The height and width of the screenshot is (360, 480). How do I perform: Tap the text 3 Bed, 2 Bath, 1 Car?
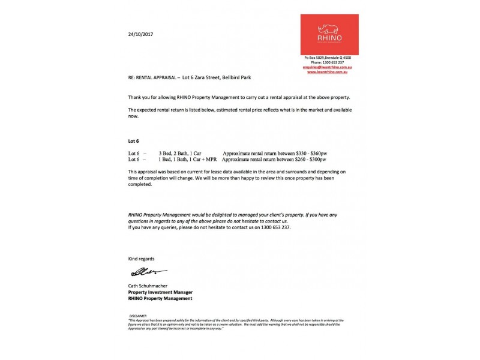180,154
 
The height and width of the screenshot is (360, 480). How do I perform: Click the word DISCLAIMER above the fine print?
138,315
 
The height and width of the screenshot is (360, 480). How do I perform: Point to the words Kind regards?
141,259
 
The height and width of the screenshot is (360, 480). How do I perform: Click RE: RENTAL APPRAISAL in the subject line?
153,79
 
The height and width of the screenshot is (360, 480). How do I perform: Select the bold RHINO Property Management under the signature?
160,298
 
